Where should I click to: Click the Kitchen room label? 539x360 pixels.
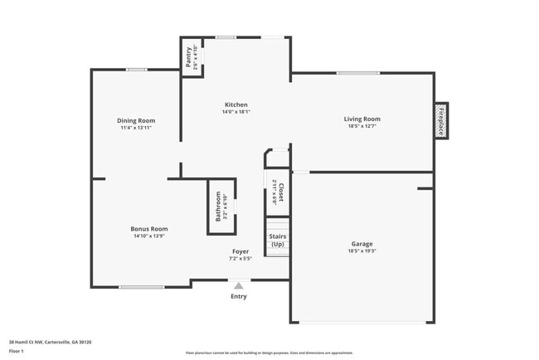click(x=236, y=105)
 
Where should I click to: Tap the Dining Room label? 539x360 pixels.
click(x=136, y=120)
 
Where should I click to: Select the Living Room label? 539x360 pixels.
click(x=362, y=119)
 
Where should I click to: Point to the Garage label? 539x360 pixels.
click(x=362, y=243)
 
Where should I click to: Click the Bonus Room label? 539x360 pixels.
click(x=148, y=228)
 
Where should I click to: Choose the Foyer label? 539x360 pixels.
click(x=240, y=251)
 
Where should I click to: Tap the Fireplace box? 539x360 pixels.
click(x=441, y=121)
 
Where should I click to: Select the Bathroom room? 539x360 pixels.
click(x=221, y=206)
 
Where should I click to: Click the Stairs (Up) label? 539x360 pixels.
click(x=277, y=241)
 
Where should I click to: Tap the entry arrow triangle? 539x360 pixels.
click(x=239, y=285)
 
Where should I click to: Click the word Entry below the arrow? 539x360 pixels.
click(x=239, y=296)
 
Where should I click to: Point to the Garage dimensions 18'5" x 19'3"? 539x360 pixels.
click(x=362, y=251)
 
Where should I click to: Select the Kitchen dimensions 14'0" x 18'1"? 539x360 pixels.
click(x=236, y=112)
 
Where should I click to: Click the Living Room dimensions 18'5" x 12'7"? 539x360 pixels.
click(x=362, y=127)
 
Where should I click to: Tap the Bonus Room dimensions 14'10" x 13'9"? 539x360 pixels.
click(x=148, y=236)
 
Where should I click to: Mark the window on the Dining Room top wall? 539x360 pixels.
click(x=137, y=70)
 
